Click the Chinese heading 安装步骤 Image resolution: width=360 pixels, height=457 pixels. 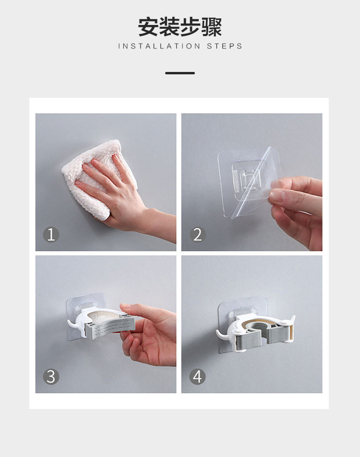pos(180,27)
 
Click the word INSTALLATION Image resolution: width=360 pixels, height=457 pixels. pos(159,46)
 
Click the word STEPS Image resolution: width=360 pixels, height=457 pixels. pos(225,46)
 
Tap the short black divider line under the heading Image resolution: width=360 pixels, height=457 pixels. pos(180,73)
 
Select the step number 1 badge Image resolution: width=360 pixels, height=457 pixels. pos(51,234)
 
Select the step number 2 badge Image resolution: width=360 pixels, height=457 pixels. pos(197,234)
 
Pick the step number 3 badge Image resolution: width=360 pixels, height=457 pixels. pos(51,376)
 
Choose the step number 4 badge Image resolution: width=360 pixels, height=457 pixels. pos(197,376)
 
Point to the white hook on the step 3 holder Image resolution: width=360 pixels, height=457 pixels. pos(72,324)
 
